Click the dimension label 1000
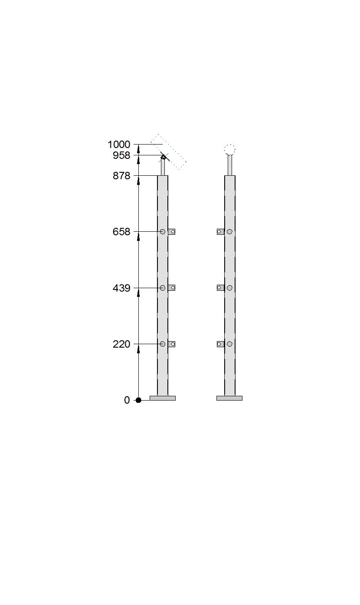click(119, 145)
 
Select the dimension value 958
click(121, 155)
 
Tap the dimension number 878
click(121, 176)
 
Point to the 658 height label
click(121, 232)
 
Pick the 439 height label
click(121, 288)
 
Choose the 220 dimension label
click(121, 344)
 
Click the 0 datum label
click(127, 400)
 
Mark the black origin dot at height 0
click(138, 400)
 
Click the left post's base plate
click(163, 398)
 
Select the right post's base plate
click(229, 398)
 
